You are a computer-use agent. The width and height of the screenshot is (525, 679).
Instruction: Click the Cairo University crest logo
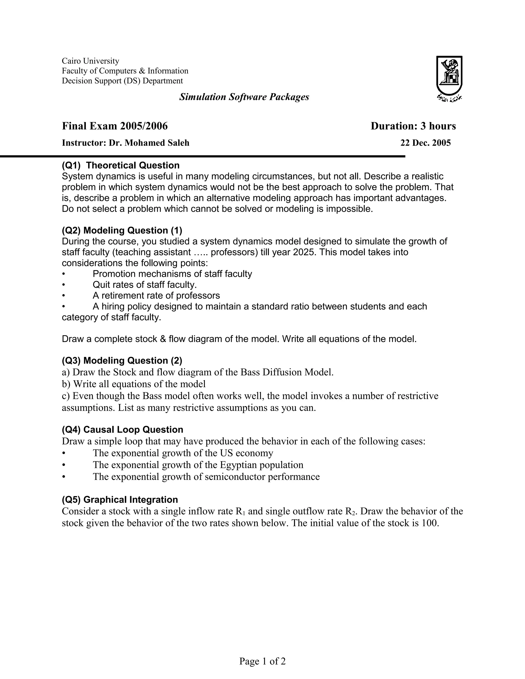point(449,78)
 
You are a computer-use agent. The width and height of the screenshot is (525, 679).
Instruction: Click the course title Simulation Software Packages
point(244,97)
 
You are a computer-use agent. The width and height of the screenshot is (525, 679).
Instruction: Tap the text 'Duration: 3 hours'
point(413,126)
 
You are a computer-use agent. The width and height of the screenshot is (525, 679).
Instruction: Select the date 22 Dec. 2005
point(425,143)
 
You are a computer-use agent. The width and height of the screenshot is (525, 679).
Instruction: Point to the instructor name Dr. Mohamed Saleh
point(149,143)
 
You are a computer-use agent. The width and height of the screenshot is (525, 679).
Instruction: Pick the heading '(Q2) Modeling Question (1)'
point(122,230)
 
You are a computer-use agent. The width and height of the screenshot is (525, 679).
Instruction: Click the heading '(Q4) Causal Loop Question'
point(123,429)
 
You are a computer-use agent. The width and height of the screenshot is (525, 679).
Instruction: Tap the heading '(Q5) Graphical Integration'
point(120,500)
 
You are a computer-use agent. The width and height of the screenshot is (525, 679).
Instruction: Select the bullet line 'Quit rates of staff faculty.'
point(145,284)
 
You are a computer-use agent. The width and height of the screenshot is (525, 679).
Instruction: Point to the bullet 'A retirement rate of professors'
point(156,295)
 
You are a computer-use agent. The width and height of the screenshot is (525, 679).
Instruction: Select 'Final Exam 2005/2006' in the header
point(115,126)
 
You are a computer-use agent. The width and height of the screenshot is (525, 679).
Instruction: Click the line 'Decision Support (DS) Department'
point(122,81)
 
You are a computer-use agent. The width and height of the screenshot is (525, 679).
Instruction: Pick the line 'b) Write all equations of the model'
point(134,384)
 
